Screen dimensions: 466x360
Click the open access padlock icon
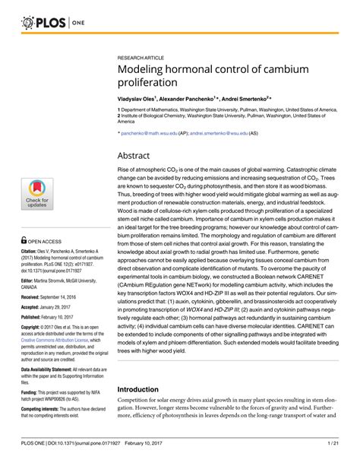[25, 237]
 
